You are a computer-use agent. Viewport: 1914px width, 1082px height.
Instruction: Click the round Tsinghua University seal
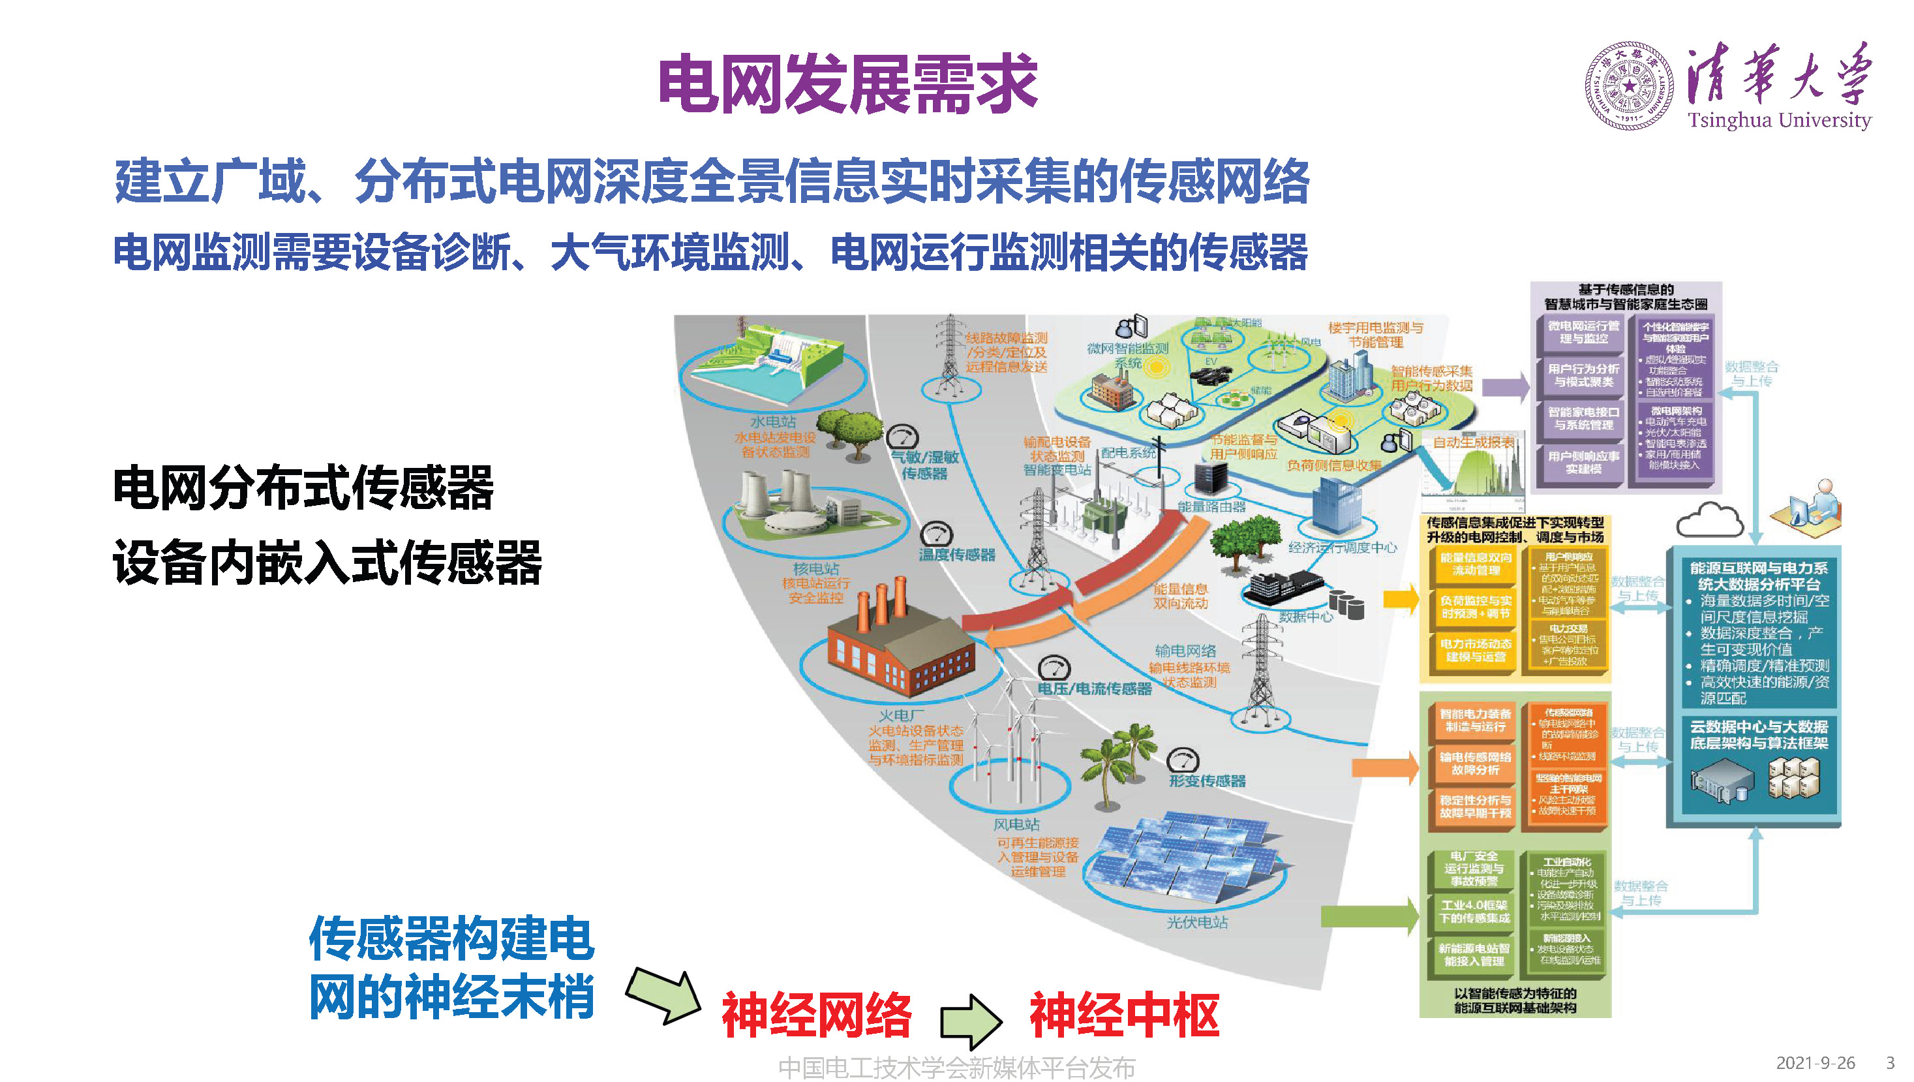(x=1629, y=86)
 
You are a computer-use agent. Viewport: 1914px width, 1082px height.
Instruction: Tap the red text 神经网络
(x=817, y=1015)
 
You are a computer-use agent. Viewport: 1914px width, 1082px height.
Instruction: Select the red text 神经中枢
(x=1124, y=1015)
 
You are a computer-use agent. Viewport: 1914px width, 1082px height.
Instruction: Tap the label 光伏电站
(x=1197, y=922)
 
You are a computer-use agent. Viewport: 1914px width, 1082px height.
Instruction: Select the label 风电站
(x=1016, y=825)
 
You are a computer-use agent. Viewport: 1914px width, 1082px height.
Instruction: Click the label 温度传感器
(x=957, y=554)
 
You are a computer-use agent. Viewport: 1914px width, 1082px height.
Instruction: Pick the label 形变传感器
(x=1207, y=781)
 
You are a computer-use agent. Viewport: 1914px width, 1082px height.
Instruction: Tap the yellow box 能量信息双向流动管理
(x=1476, y=564)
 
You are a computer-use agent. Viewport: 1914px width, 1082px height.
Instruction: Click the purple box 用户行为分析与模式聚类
(x=1583, y=375)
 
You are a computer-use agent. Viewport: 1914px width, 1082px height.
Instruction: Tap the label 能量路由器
(x=1211, y=507)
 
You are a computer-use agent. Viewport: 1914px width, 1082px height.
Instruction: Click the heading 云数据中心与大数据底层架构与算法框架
(x=1759, y=735)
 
